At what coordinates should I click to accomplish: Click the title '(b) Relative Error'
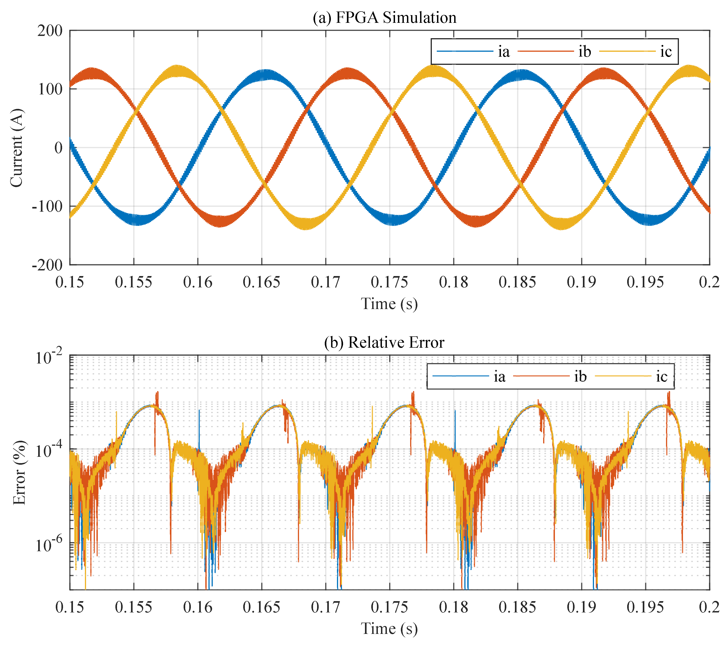[384, 342]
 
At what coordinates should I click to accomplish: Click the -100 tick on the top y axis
[47, 206]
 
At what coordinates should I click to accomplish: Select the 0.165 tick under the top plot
[262, 282]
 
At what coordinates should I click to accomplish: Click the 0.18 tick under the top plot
[453, 282]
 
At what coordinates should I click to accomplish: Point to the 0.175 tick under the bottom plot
[389, 607]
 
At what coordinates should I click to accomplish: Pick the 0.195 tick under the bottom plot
[645, 607]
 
